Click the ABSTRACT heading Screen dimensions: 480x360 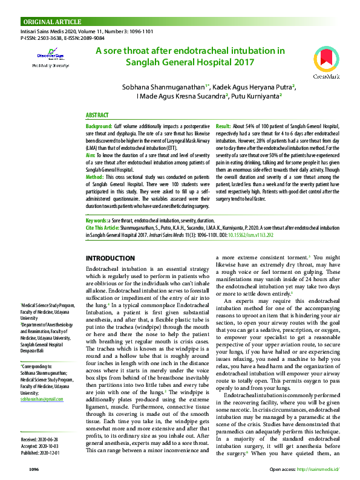97,115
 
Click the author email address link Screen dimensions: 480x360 42,383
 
